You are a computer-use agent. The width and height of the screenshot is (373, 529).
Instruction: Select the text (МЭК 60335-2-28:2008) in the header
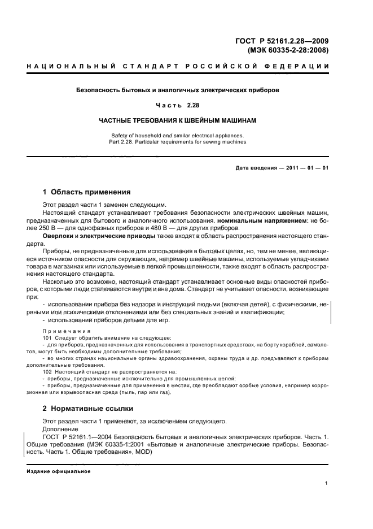(288, 50)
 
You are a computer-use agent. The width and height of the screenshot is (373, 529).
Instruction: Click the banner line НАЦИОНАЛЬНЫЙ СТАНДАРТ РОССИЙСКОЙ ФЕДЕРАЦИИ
(178, 67)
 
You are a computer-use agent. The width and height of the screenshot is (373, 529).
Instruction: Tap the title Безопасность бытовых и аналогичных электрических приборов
(178, 90)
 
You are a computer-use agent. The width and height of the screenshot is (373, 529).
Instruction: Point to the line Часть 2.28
(178, 106)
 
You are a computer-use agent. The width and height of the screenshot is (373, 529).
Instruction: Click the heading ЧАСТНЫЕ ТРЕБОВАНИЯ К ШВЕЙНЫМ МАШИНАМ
(178, 120)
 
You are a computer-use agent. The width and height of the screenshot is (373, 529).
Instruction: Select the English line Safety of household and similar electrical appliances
(178, 135)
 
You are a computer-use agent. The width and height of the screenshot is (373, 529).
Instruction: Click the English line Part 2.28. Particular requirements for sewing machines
(178, 142)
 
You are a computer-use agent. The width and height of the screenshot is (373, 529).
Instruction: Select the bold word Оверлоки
(58, 235)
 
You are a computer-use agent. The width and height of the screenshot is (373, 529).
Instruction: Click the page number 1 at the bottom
(327, 483)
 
